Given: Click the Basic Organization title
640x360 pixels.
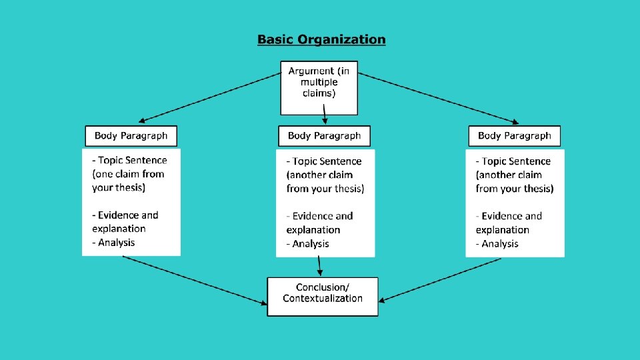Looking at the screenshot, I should coord(321,39).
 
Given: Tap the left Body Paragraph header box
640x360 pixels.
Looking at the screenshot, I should coord(131,136).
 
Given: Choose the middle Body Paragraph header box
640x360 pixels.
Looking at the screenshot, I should coord(324,136).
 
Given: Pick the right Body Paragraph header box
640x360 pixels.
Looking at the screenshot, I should coord(514,136).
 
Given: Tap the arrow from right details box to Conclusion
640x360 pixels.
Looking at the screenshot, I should coord(443,279).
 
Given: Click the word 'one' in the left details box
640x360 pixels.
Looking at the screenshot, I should coord(105,174).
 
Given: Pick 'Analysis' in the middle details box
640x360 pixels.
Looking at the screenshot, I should coord(311,244).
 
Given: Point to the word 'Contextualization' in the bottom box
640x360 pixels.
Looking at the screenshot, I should coord(323,299).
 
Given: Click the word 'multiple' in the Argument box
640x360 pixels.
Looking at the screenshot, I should coord(319,82).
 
